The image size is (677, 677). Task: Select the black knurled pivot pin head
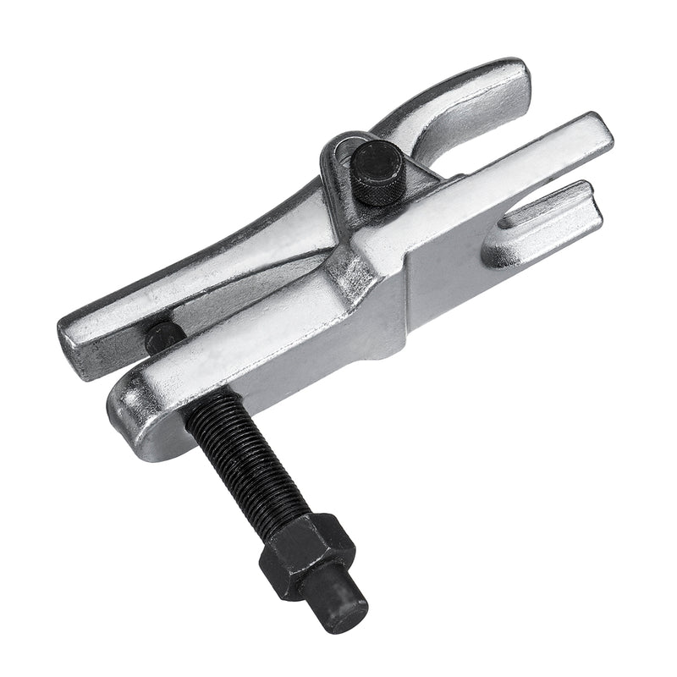click(377, 173)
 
